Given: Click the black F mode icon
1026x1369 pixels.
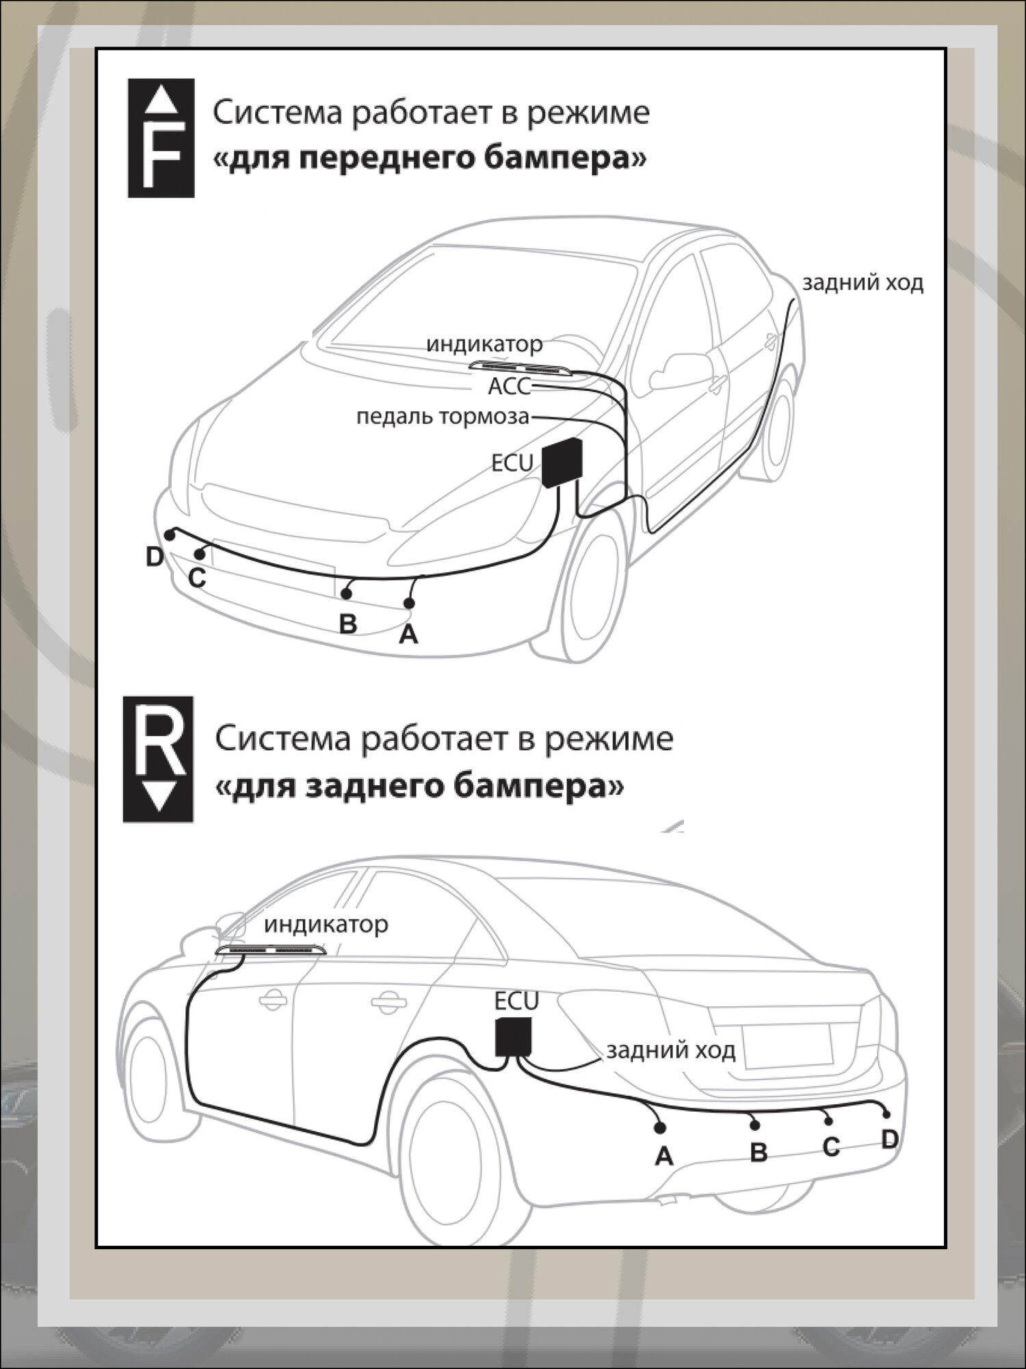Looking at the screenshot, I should pos(161,138).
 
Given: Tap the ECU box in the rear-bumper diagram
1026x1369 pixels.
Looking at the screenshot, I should pos(514,1035).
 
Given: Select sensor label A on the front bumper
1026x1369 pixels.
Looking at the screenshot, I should pos(408,635).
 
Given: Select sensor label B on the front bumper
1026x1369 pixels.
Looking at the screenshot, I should pos(348,624).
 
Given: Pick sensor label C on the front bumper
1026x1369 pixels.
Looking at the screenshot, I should pos(197,578).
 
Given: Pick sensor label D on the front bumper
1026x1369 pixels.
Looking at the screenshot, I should pos(155,557).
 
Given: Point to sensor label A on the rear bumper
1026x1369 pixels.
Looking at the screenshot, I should pos(663,1156).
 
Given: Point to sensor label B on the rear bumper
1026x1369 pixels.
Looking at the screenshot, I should pos(759,1152).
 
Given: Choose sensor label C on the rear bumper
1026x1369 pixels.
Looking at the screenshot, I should pos(831,1147).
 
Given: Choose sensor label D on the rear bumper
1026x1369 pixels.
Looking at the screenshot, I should pos(889,1140).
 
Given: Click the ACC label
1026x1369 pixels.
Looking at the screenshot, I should pos(509,387).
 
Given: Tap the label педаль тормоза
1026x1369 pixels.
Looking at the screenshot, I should pos(443,416).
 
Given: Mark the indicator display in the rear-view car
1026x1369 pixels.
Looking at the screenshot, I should pos(271,951).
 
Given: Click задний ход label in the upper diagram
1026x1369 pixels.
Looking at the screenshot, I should pos(863,283).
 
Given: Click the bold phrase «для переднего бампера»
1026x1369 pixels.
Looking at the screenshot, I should pos(430,159).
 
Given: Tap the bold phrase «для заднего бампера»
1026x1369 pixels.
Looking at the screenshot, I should pos(419,786).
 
